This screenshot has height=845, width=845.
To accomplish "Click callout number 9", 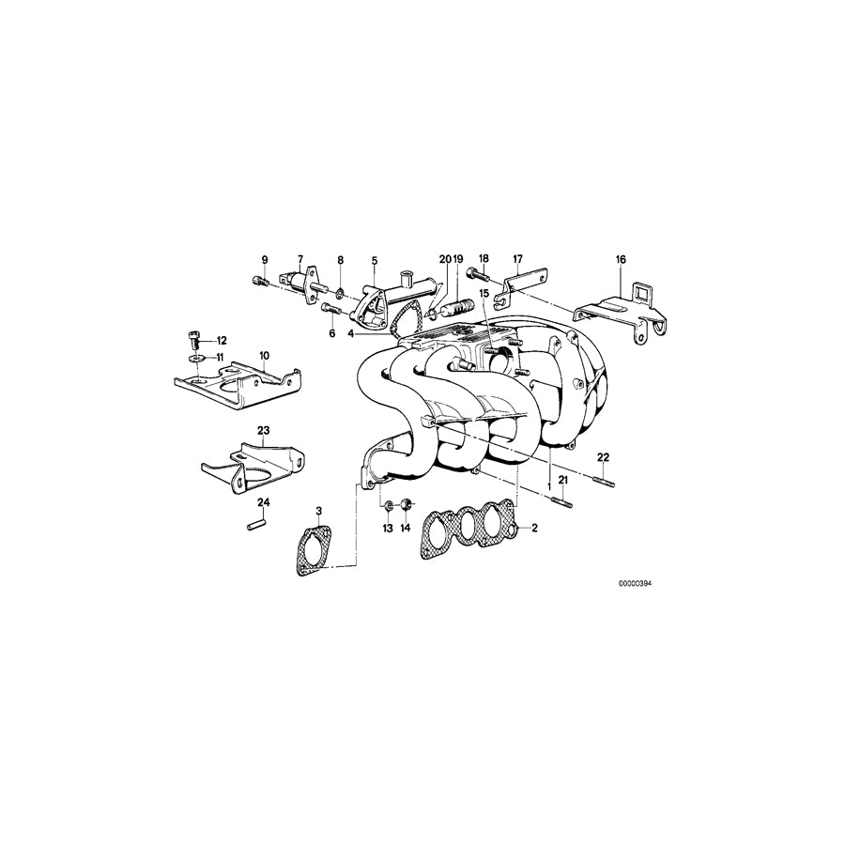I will [265, 259].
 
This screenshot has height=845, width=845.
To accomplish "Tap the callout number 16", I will [620, 259].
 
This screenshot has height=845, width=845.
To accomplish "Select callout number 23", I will [264, 430].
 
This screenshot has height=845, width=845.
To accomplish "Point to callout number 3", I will [319, 512].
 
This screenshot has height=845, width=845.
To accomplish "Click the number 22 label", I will [604, 456].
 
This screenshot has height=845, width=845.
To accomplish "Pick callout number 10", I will [264, 355].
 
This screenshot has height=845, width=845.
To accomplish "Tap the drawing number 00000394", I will [635, 583].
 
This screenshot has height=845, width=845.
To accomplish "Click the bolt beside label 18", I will [474, 277].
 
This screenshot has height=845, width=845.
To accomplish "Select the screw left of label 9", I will [261, 279].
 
